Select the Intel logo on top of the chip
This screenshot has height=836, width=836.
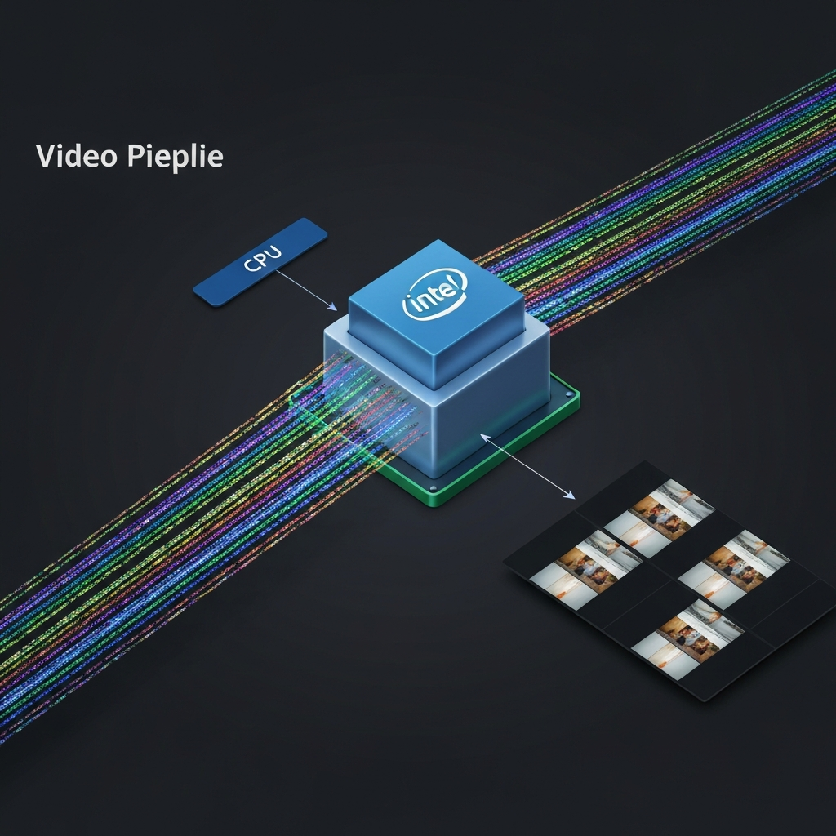click(x=435, y=294)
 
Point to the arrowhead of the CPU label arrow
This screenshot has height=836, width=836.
click(x=333, y=307)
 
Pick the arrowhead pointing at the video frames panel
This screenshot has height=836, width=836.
click(x=570, y=496)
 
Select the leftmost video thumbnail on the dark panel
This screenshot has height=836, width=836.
click(x=585, y=568)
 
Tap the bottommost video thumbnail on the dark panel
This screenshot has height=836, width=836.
click(x=687, y=638)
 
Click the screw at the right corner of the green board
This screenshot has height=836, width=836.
click(x=569, y=394)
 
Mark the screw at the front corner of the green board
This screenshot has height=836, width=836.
click(x=433, y=488)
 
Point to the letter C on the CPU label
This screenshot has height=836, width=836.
click(x=250, y=265)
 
